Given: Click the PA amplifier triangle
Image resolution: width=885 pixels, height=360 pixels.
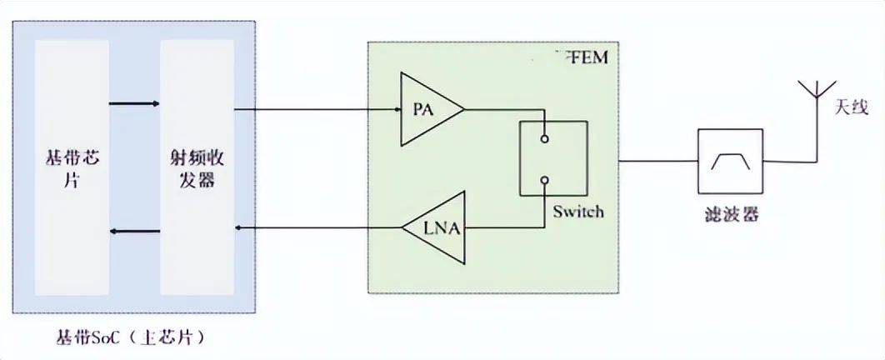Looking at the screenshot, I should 427,108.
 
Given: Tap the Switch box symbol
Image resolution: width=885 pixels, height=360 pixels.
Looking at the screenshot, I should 552,158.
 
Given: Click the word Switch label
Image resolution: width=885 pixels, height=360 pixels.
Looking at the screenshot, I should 578,212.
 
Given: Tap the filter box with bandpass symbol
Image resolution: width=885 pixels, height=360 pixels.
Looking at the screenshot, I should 730,160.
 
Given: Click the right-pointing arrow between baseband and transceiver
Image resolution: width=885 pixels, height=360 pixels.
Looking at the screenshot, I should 134,103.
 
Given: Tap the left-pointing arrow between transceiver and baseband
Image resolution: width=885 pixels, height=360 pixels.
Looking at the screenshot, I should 134,230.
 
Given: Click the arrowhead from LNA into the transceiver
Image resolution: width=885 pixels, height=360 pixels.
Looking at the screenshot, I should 239,227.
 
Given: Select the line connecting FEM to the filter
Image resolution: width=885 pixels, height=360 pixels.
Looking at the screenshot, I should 657,160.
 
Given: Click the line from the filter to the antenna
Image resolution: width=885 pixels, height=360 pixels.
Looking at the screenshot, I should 792,160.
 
